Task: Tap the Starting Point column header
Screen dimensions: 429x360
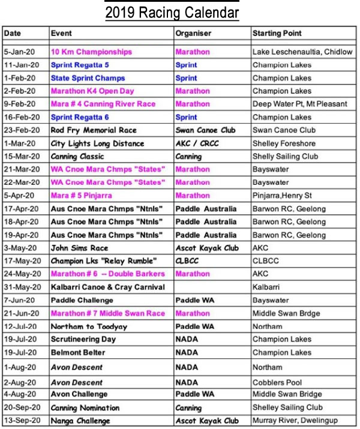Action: (x=277, y=33)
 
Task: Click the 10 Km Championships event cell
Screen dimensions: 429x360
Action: (x=91, y=52)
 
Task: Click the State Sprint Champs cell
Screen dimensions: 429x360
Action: (x=88, y=78)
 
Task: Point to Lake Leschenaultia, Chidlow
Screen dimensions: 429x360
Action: (x=302, y=52)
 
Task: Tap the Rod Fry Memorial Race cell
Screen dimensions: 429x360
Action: (x=94, y=130)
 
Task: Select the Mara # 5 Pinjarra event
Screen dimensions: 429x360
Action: (x=81, y=196)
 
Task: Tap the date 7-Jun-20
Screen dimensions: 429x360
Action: (x=20, y=300)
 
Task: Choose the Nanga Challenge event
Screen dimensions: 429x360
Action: (x=81, y=421)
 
